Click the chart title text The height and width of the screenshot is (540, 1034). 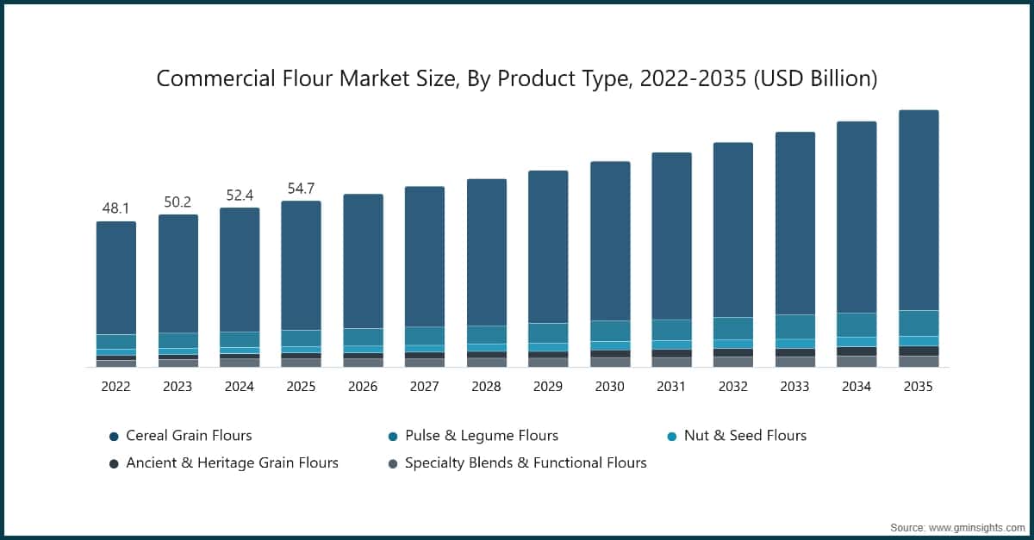point(516,78)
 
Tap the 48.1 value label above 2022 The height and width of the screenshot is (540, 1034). point(115,208)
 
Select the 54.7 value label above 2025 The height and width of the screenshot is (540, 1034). point(301,188)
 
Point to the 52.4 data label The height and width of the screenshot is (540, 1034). point(239,195)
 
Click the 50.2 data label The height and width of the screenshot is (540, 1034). point(178,202)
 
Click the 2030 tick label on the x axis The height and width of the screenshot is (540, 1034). point(609,387)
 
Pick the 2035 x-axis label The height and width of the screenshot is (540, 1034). point(918,387)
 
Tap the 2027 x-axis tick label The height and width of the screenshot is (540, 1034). point(424,387)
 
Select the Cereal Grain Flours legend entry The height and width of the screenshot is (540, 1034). point(189,436)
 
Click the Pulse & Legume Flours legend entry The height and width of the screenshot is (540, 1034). point(481,436)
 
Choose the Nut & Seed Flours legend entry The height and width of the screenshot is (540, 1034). point(744,436)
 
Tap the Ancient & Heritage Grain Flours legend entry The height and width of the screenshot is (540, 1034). point(232,462)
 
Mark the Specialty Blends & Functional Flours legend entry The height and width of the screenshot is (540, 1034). point(525,462)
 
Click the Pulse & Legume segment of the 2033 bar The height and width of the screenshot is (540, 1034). point(794,326)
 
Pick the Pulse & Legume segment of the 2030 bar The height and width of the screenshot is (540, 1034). point(609,331)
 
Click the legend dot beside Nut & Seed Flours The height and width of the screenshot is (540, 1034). point(671,437)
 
